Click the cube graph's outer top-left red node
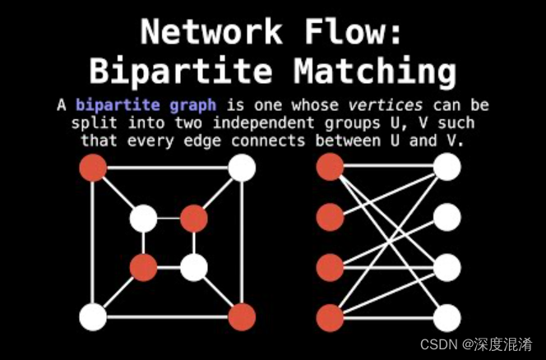point(93,168)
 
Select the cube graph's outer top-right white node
point(242,168)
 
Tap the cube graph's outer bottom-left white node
point(93,316)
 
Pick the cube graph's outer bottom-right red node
point(242,316)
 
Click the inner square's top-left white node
point(143,219)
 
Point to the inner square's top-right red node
point(193,219)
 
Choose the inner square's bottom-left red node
point(143,267)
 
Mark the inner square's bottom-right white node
point(193,267)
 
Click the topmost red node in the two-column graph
point(330,168)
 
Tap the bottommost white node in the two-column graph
point(447,317)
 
